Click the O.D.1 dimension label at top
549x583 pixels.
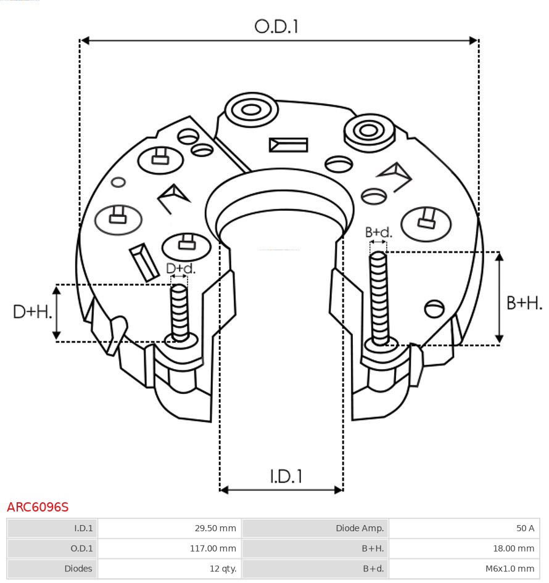point(276,26)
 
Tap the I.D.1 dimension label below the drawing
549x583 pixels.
point(286,476)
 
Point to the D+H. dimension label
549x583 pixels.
point(31,312)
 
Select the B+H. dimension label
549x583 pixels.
point(524,303)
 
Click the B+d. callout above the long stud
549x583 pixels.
point(378,232)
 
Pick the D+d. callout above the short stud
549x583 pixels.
point(181,269)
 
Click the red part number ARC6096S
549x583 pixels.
point(38,507)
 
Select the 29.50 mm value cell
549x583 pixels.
point(170,528)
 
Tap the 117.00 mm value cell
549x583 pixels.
point(170,548)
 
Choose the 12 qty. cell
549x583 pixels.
point(170,568)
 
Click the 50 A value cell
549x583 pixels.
point(464,528)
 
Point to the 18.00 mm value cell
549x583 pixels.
point(464,548)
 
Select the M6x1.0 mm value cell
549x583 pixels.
point(464,568)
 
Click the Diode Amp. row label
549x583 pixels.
point(315,528)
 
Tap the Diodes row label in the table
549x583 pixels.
point(52,568)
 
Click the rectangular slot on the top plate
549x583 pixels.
point(288,145)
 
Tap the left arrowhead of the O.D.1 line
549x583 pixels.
point(85,41)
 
